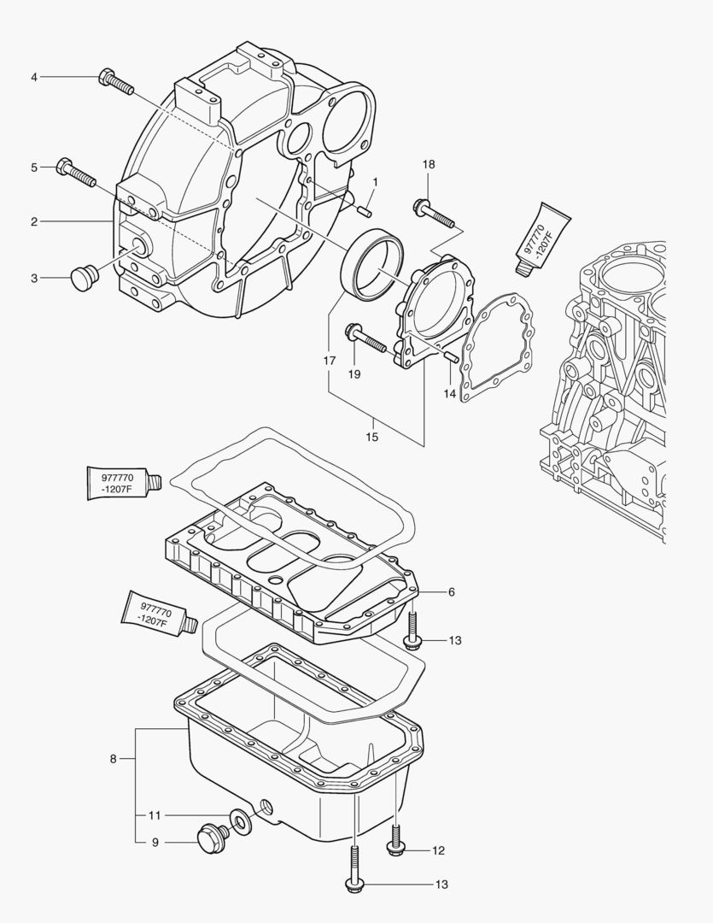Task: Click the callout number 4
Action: pyautogui.click(x=34, y=78)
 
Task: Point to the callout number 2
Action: pyautogui.click(x=34, y=222)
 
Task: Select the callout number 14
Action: pyautogui.click(x=450, y=394)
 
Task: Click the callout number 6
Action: pyautogui.click(x=451, y=591)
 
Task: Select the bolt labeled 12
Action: pyautogui.click(x=396, y=839)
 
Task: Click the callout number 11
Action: pyautogui.click(x=155, y=814)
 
